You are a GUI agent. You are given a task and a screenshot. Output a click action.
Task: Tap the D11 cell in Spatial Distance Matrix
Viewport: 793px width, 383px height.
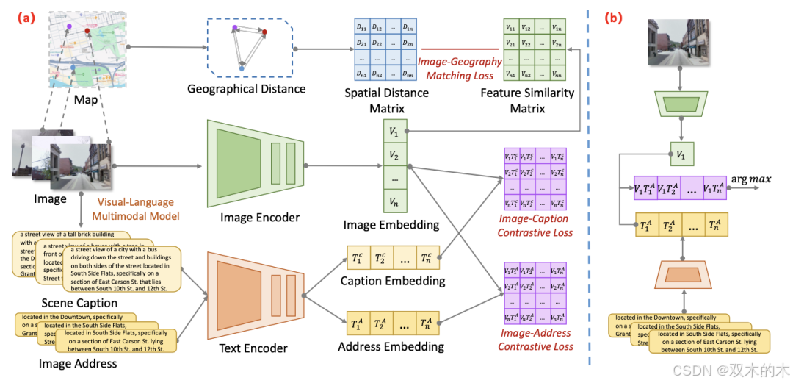pyautogui.click(x=361, y=27)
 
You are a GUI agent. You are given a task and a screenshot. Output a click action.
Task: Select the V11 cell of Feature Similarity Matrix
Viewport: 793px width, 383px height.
pyautogui.click(x=511, y=27)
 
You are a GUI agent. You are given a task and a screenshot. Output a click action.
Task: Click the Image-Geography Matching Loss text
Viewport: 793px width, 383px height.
pyautogui.click(x=460, y=68)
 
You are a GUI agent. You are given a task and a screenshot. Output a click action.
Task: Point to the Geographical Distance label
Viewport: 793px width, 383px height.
pyautogui.click(x=246, y=89)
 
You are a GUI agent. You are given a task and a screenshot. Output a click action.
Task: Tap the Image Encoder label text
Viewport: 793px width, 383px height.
pyautogui.click(x=260, y=218)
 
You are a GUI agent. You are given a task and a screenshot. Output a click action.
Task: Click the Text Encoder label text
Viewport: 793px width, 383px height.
pyautogui.click(x=253, y=348)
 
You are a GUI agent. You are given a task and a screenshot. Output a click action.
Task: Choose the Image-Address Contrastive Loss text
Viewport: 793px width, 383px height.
pyautogui.click(x=535, y=340)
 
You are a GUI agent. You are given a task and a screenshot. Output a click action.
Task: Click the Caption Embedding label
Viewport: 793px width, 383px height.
pyautogui.click(x=392, y=281)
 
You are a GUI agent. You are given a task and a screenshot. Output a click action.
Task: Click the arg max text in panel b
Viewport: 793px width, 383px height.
pyautogui.click(x=750, y=179)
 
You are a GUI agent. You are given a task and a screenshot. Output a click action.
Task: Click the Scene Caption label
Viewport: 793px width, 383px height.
pyautogui.click(x=79, y=303)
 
